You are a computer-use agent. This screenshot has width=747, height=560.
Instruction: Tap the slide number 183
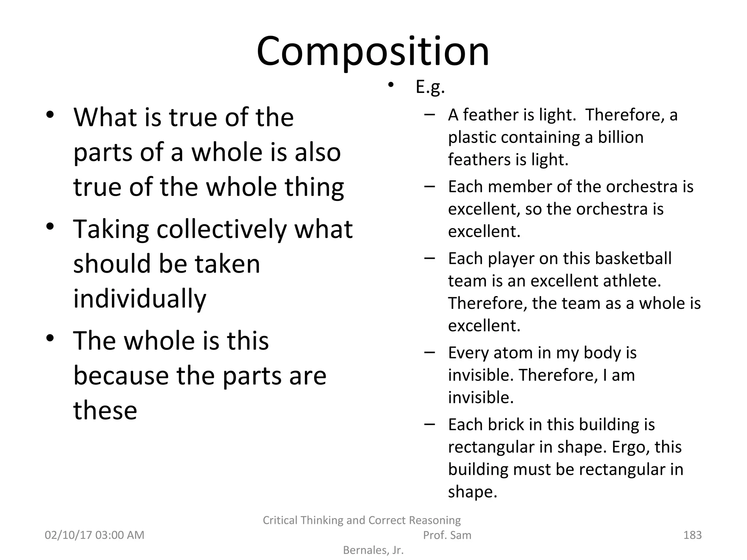(x=692, y=535)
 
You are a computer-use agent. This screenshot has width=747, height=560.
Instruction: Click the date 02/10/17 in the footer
(x=68, y=535)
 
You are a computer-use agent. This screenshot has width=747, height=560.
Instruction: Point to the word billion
(x=620, y=137)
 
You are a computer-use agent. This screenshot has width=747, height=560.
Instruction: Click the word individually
(x=140, y=299)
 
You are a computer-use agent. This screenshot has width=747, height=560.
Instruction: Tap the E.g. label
(x=430, y=87)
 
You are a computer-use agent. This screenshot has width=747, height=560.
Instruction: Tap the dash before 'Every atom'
(x=430, y=353)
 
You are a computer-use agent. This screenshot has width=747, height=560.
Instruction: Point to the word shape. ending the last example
(x=472, y=492)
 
